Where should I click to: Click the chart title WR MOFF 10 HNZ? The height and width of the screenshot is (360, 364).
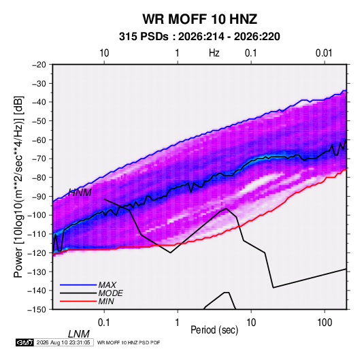tap(199, 19)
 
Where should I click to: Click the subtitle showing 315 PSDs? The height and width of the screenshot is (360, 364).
tap(199, 37)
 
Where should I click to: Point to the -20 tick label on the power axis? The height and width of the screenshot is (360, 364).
tap(39, 65)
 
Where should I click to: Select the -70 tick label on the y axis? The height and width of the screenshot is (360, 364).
tap(39, 159)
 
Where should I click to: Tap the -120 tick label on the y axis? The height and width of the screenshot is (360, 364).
tap(37, 253)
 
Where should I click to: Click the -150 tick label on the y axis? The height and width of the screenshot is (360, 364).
tap(37, 310)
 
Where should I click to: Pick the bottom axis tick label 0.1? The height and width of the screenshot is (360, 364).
tap(104, 323)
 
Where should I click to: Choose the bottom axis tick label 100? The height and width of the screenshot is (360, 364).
tap(325, 323)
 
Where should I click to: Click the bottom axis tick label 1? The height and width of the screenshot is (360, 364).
tap(178, 323)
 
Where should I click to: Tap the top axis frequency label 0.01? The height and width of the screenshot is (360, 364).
tap(324, 53)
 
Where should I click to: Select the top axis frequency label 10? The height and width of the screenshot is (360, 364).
tap(104, 53)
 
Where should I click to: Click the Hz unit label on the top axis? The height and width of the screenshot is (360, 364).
tap(214, 53)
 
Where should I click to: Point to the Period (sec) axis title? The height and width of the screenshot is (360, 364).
tap(214, 330)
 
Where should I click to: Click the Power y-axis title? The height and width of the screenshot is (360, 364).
tap(18, 186)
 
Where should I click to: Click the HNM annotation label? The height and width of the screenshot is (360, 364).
tap(80, 193)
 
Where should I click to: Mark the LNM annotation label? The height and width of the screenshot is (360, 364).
tap(79, 334)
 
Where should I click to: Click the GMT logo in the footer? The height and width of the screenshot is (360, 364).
tap(25, 342)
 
